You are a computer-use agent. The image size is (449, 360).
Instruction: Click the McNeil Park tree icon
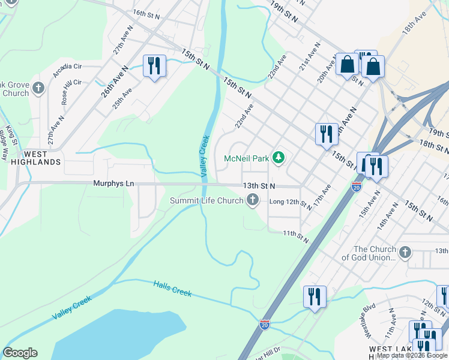pos(278,158)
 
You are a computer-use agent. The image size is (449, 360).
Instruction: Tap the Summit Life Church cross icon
pos(253,200)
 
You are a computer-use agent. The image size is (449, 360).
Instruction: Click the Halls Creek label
pos(172,289)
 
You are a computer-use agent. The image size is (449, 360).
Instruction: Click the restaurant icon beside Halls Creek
pos(315,296)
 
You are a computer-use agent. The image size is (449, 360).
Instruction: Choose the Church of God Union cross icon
pos(406,253)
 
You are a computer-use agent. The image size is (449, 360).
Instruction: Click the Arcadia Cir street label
pos(70,67)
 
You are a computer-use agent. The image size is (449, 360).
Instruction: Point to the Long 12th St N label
pos(291,204)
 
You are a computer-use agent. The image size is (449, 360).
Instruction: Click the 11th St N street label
pos(297,236)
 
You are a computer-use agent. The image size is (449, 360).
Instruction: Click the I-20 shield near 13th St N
pos(357,187)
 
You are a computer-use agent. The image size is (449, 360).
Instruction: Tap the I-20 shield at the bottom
pos(265,325)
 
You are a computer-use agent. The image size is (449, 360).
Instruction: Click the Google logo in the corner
pos(20,353)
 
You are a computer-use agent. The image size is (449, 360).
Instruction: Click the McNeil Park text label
pos(246,158)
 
